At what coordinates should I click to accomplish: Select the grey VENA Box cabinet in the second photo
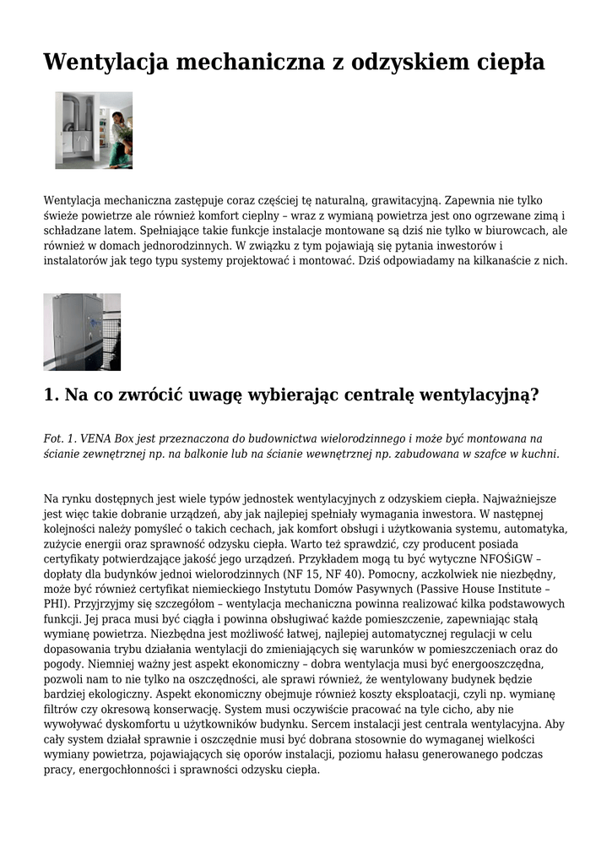71,331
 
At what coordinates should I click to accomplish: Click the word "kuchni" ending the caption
539,454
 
